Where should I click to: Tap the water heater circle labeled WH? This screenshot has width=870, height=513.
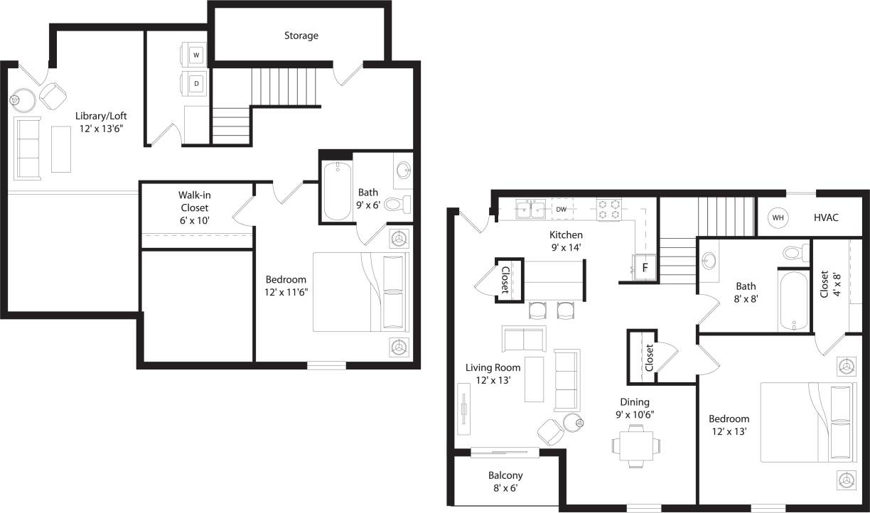click(x=778, y=217)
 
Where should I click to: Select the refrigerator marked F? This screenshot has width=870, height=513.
click(x=645, y=268)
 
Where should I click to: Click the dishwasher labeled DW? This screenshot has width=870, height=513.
click(x=562, y=209)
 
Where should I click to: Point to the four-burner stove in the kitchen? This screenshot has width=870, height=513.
click(x=609, y=209)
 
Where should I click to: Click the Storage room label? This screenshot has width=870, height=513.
click(x=301, y=36)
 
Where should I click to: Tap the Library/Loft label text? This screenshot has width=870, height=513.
click(x=102, y=121)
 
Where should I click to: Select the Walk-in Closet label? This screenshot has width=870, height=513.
click(x=193, y=207)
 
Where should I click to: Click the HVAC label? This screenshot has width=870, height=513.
click(x=826, y=217)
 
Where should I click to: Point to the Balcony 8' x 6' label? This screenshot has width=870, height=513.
click(x=505, y=482)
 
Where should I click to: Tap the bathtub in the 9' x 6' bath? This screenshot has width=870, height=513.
click(x=338, y=191)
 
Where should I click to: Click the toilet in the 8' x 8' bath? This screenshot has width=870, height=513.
click(x=795, y=252)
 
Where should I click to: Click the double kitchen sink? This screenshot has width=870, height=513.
click(x=531, y=209)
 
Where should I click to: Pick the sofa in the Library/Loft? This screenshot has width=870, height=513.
click(x=28, y=148)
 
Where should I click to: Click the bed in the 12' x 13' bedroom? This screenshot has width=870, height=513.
click(x=808, y=422)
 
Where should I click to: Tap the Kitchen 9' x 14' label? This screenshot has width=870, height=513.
click(x=566, y=242)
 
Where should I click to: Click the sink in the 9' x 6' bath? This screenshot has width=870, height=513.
click(x=403, y=171)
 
